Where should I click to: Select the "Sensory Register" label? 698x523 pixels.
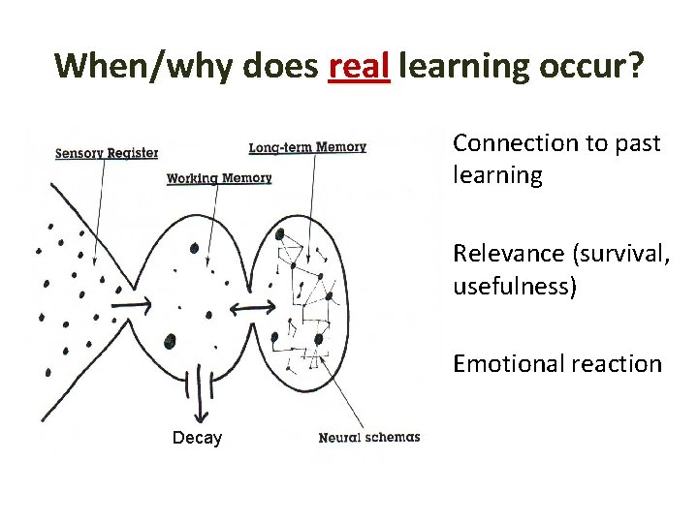pos(107,152)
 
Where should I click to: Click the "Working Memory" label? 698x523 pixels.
pos(219,178)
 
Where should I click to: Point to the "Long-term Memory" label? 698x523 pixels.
pos(307,147)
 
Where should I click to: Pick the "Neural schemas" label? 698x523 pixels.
pos(369,437)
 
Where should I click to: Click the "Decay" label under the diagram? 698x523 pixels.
pos(197,438)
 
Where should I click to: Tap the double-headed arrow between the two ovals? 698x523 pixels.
pos(251,307)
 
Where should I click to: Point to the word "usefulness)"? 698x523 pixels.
pos(514,287)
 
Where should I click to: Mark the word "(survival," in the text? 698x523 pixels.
pos(617,254)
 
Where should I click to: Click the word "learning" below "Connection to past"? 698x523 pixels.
pos(496,175)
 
